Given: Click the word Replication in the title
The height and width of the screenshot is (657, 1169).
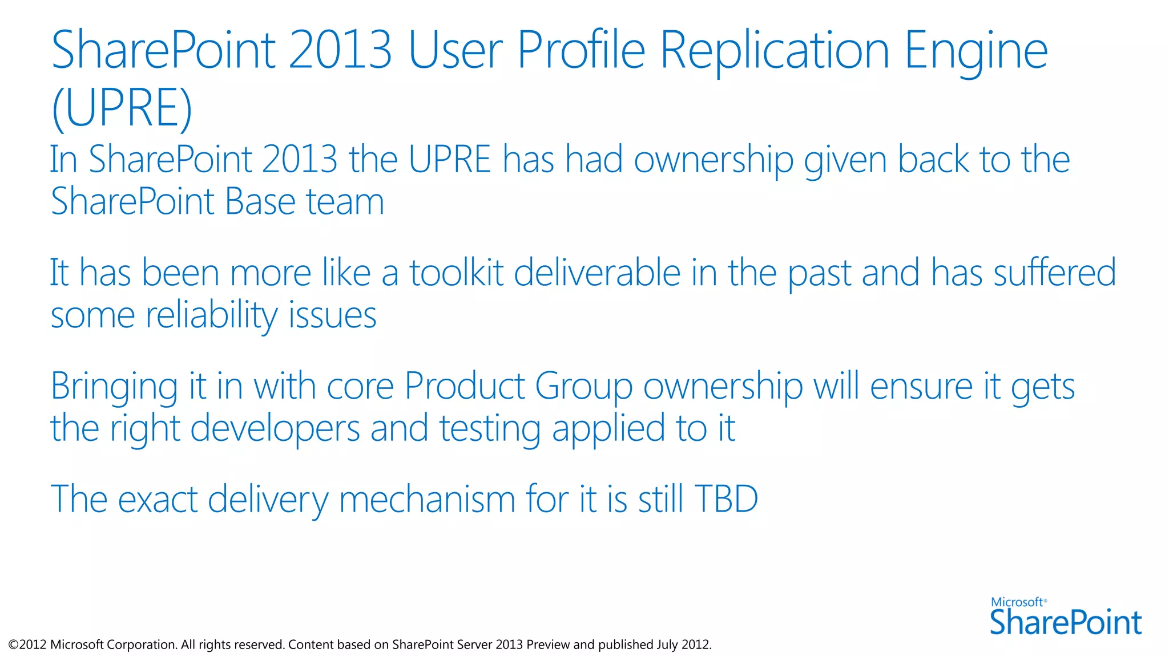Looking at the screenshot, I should (775, 51).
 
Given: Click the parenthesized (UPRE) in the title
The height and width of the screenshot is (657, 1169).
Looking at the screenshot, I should (122, 108).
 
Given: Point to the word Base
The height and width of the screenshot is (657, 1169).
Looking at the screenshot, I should (260, 202).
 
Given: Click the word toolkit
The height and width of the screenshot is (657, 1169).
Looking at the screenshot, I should (456, 273).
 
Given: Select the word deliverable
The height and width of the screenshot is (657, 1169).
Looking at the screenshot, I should (597, 273).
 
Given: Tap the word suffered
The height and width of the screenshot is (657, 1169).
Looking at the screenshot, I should (1055, 273).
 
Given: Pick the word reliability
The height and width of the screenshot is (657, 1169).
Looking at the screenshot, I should (212, 316).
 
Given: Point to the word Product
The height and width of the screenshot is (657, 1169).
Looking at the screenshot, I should (464, 386).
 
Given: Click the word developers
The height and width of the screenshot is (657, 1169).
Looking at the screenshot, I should (275, 429).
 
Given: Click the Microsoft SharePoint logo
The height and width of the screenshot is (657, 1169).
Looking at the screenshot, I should (1065, 617).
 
